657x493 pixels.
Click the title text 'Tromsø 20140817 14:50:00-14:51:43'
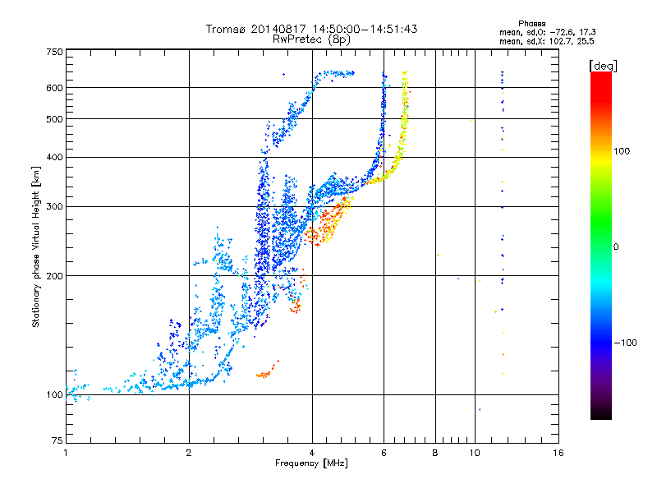(311, 29)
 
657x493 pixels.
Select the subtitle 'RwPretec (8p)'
(311, 39)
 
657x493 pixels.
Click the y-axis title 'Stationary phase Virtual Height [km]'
(36, 246)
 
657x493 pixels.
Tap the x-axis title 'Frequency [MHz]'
(311, 463)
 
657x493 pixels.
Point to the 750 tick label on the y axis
(53, 52)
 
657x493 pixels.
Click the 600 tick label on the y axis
(53, 88)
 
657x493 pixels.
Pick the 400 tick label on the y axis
(53, 158)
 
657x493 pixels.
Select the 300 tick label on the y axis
(53, 207)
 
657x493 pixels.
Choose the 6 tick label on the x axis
(384, 454)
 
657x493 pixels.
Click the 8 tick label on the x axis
(435, 454)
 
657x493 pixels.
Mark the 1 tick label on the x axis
(66, 454)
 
